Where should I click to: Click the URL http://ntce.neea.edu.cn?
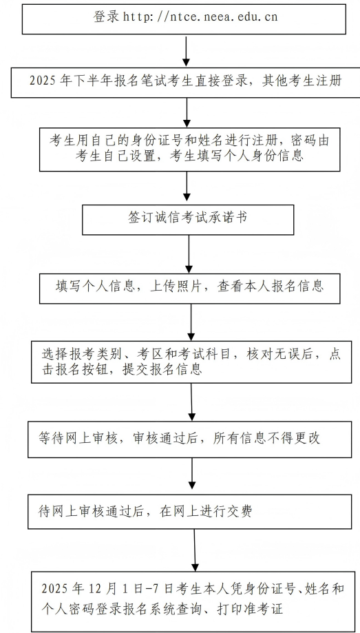click(200, 17)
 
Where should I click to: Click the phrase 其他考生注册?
click(300, 80)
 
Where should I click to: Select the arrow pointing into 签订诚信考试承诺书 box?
click(187, 187)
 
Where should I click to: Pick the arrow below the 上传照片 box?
click(191, 321)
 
